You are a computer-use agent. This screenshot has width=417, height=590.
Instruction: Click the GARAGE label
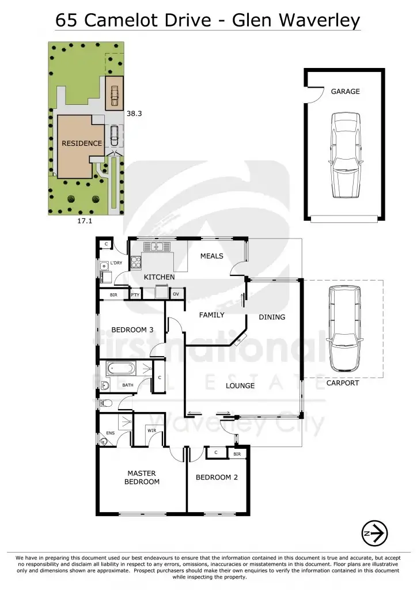[x=345, y=91]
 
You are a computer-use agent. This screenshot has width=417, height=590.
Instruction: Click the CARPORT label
[x=343, y=383]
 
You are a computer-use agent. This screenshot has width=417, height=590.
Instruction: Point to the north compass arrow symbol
[x=374, y=534]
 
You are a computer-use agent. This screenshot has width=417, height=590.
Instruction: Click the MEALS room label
[x=211, y=256]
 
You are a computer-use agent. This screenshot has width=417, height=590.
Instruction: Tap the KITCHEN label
[x=159, y=277]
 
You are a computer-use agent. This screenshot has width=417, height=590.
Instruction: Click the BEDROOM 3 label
[x=132, y=330]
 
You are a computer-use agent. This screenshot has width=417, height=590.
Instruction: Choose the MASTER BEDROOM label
[x=142, y=478]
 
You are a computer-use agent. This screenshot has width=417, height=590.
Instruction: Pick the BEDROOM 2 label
[x=217, y=477]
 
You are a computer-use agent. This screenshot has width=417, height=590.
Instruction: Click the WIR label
[x=151, y=430]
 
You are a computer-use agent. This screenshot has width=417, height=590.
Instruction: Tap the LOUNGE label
[x=240, y=385]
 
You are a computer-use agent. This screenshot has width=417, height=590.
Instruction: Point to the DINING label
[x=272, y=317]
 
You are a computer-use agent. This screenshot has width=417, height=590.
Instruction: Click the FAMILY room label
[x=211, y=315]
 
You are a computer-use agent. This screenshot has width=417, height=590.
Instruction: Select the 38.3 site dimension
[x=134, y=114]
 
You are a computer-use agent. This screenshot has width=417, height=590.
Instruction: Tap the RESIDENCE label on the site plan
[x=82, y=143]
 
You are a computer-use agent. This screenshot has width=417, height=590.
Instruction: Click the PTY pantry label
[x=135, y=295]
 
